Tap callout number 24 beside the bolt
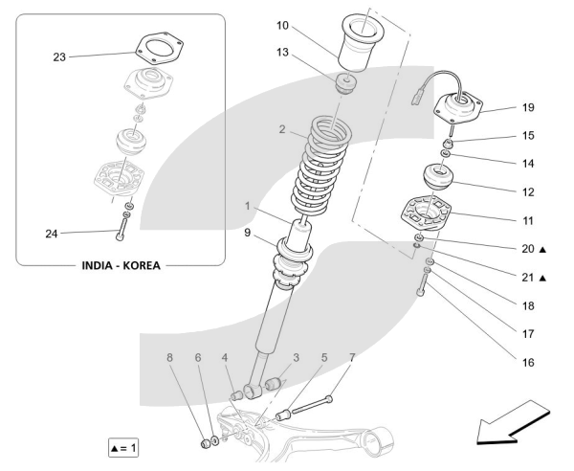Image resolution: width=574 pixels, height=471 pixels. click(x=53, y=233)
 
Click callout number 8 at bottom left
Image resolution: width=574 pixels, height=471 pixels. click(x=170, y=357)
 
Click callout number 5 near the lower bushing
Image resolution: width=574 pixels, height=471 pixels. click(x=325, y=357)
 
